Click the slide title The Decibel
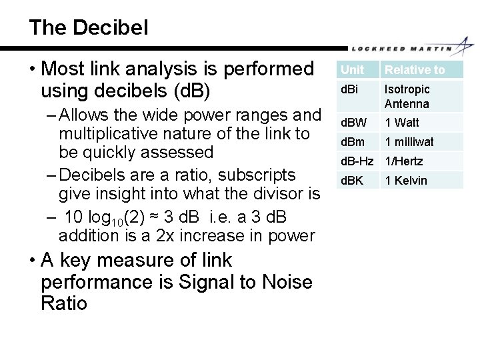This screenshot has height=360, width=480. [89, 27]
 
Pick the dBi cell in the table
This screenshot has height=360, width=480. [349, 89]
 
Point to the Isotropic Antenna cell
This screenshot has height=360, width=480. [407, 96]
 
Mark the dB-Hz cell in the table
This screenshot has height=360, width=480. [358, 161]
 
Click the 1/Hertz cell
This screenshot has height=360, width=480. [404, 161]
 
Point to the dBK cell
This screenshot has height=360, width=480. [351, 180]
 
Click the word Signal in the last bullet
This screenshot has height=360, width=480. [201, 282]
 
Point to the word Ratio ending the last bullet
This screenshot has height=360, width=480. [64, 304]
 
